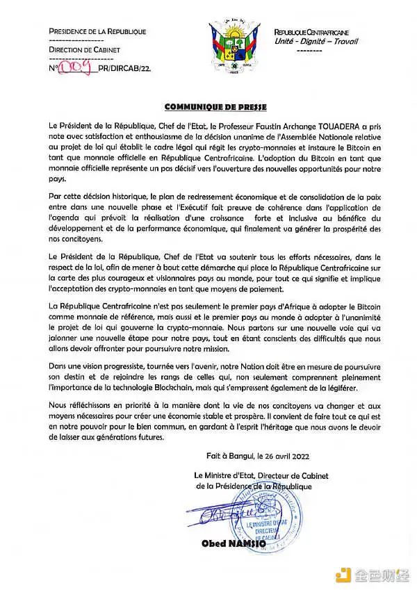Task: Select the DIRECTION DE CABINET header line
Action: point(84,51)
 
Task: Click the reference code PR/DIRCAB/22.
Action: point(127,68)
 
